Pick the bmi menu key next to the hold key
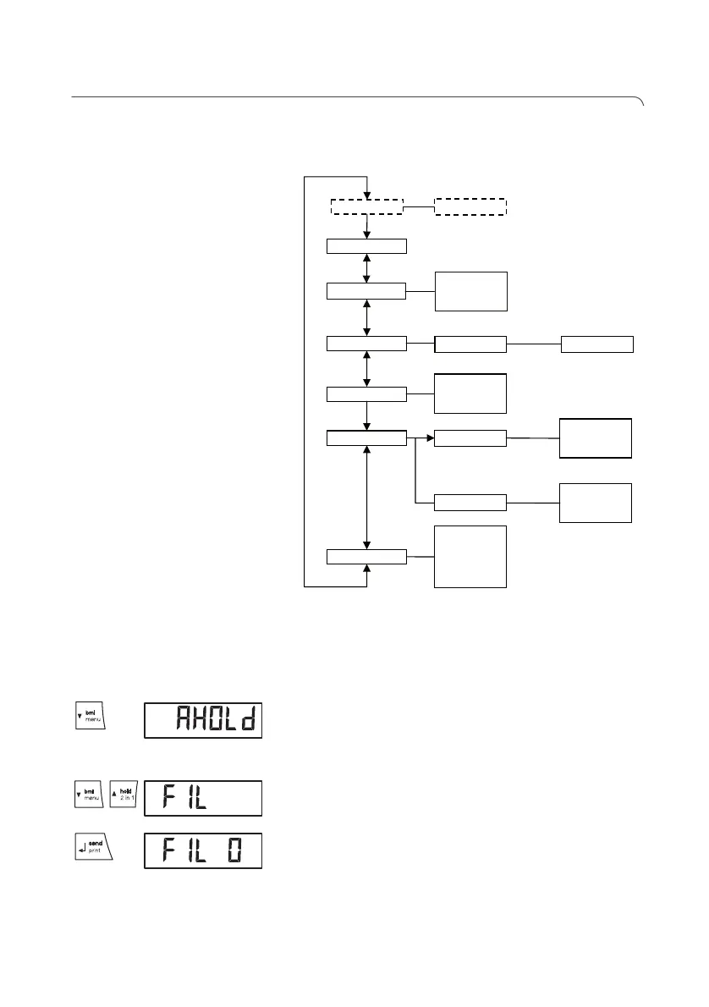tap(88, 797)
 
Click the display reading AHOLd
tap(203, 720)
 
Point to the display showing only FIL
tap(203, 798)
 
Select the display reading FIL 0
tap(203, 850)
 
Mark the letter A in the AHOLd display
tap(184, 720)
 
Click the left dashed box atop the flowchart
tap(366, 207)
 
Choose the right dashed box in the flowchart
tap(470, 207)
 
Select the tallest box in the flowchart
tap(470, 556)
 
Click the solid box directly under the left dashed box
tap(366, 246)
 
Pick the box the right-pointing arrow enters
tap(470, 438)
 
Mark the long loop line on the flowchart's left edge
tap(305, 381)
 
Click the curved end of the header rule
tap(640, 102)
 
